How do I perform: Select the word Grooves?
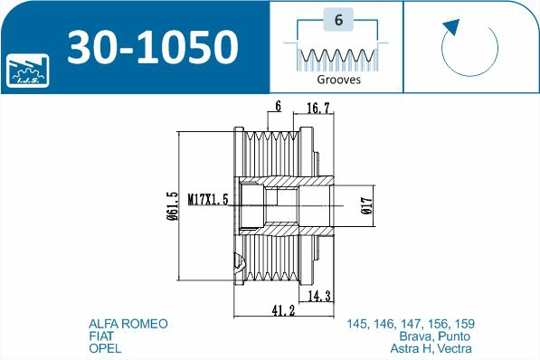(x=339, y=80)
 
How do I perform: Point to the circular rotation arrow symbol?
(x=469, y=45)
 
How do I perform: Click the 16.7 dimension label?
(x=317, y=108)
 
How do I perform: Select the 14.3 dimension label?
(x=319, y=296)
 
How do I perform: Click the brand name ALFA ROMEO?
(x=128, y=324)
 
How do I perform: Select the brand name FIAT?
(x=101, y=336)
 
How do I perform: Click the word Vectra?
(x=455, y=349)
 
